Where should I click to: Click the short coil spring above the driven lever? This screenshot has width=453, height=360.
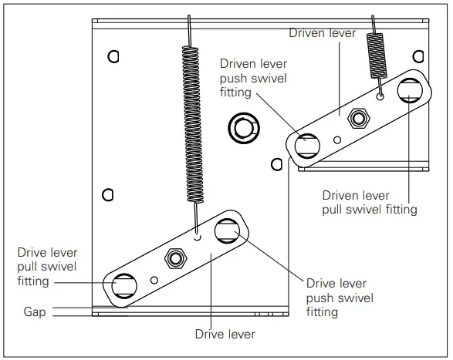pyautogui.click(x=376, y=58)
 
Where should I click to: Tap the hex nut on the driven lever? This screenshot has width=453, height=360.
pyautogui.click(x=357, y=117)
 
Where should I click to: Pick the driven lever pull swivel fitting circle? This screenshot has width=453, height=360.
pyautogui.click(x=408, y=91)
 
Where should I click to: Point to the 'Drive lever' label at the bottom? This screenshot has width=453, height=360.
pyautogui.click(x=225, y=334)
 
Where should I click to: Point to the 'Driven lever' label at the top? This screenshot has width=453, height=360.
pyautogui.click(x=322, y=32)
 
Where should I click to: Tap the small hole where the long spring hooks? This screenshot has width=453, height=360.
pyautogui.click(x=198, y=237)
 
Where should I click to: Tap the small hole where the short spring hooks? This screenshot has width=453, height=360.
pyautogui.click(x=380, y=97)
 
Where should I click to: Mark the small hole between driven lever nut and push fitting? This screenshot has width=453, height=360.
pyautogui.click(x=336, y=140)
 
